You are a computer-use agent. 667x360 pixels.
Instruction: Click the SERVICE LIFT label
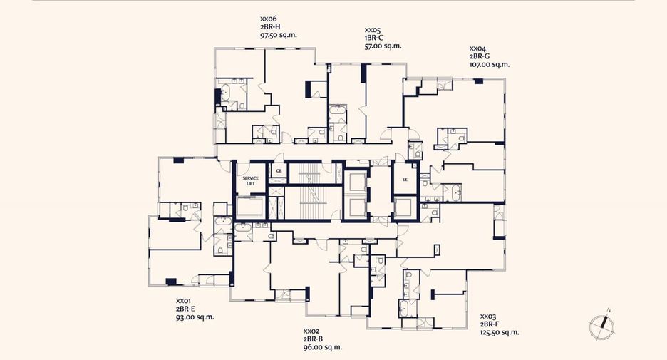[251, 181]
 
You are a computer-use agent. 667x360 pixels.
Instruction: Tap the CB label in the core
[279, 171]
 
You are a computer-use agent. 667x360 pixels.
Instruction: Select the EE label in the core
[405, 180]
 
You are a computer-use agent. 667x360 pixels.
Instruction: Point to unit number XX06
[269, 19]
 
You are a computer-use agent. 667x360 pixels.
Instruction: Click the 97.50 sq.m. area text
[279, 35]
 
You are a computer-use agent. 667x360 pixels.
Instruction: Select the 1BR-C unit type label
[374, 38]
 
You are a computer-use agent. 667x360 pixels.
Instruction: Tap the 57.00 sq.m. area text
[383, 46]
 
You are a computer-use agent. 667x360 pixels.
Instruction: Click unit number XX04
[478, 48]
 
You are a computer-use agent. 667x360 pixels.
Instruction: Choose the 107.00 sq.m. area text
[490, 65]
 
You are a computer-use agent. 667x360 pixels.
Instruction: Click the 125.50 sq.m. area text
[500, 333]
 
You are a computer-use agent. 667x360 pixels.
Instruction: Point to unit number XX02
[312, 331]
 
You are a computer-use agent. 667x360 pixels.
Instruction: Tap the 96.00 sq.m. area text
[323, 347]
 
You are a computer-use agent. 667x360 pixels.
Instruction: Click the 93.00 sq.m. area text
[195, 317]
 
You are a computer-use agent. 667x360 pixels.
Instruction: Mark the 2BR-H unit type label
[270, 27]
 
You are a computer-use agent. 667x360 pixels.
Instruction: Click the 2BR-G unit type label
[480, 56]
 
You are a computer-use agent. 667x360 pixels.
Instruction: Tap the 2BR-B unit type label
[313, 339]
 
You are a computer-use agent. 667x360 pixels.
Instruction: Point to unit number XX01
[184, 301]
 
